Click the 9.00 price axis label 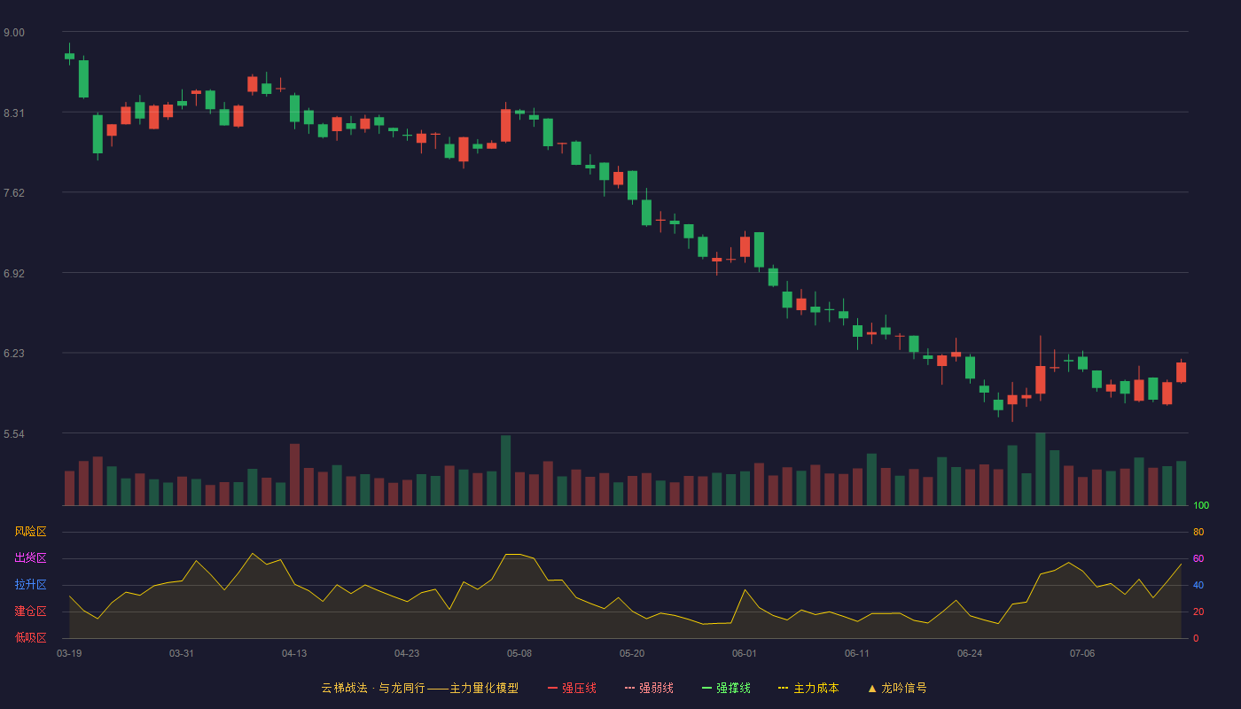(14, 33)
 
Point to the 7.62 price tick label (14, 193)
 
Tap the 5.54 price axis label (14, 433)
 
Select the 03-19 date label (69, 654)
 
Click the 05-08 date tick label (519, 654)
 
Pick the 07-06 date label (1082, 654)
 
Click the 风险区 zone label (30, 532)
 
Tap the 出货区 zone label (30, 557)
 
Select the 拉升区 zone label (30, 584)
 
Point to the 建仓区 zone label (30, 611)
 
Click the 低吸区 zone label (30, 637)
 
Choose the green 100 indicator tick (1201, 505)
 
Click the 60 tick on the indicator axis (1198, 558)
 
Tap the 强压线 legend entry (572, 688)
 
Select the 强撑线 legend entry (726, 688)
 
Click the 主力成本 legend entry (808, 688)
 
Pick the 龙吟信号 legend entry (897, 688)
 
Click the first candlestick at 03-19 (69, 55)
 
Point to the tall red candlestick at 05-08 (506, 124)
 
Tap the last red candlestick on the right (1181, 372)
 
